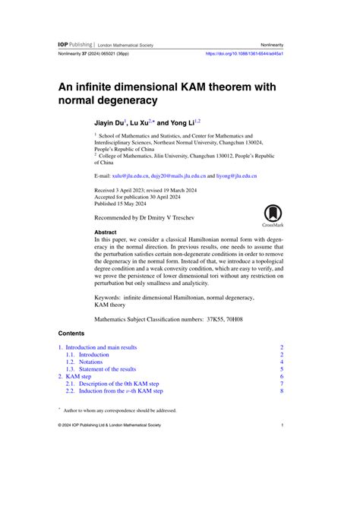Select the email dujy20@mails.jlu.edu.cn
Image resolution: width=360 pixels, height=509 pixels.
click(180, 175)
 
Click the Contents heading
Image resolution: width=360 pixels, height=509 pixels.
click(73, 334)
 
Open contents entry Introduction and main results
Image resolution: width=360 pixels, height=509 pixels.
click(100, 347)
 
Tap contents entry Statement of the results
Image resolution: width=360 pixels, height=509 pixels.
click(108, 369)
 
